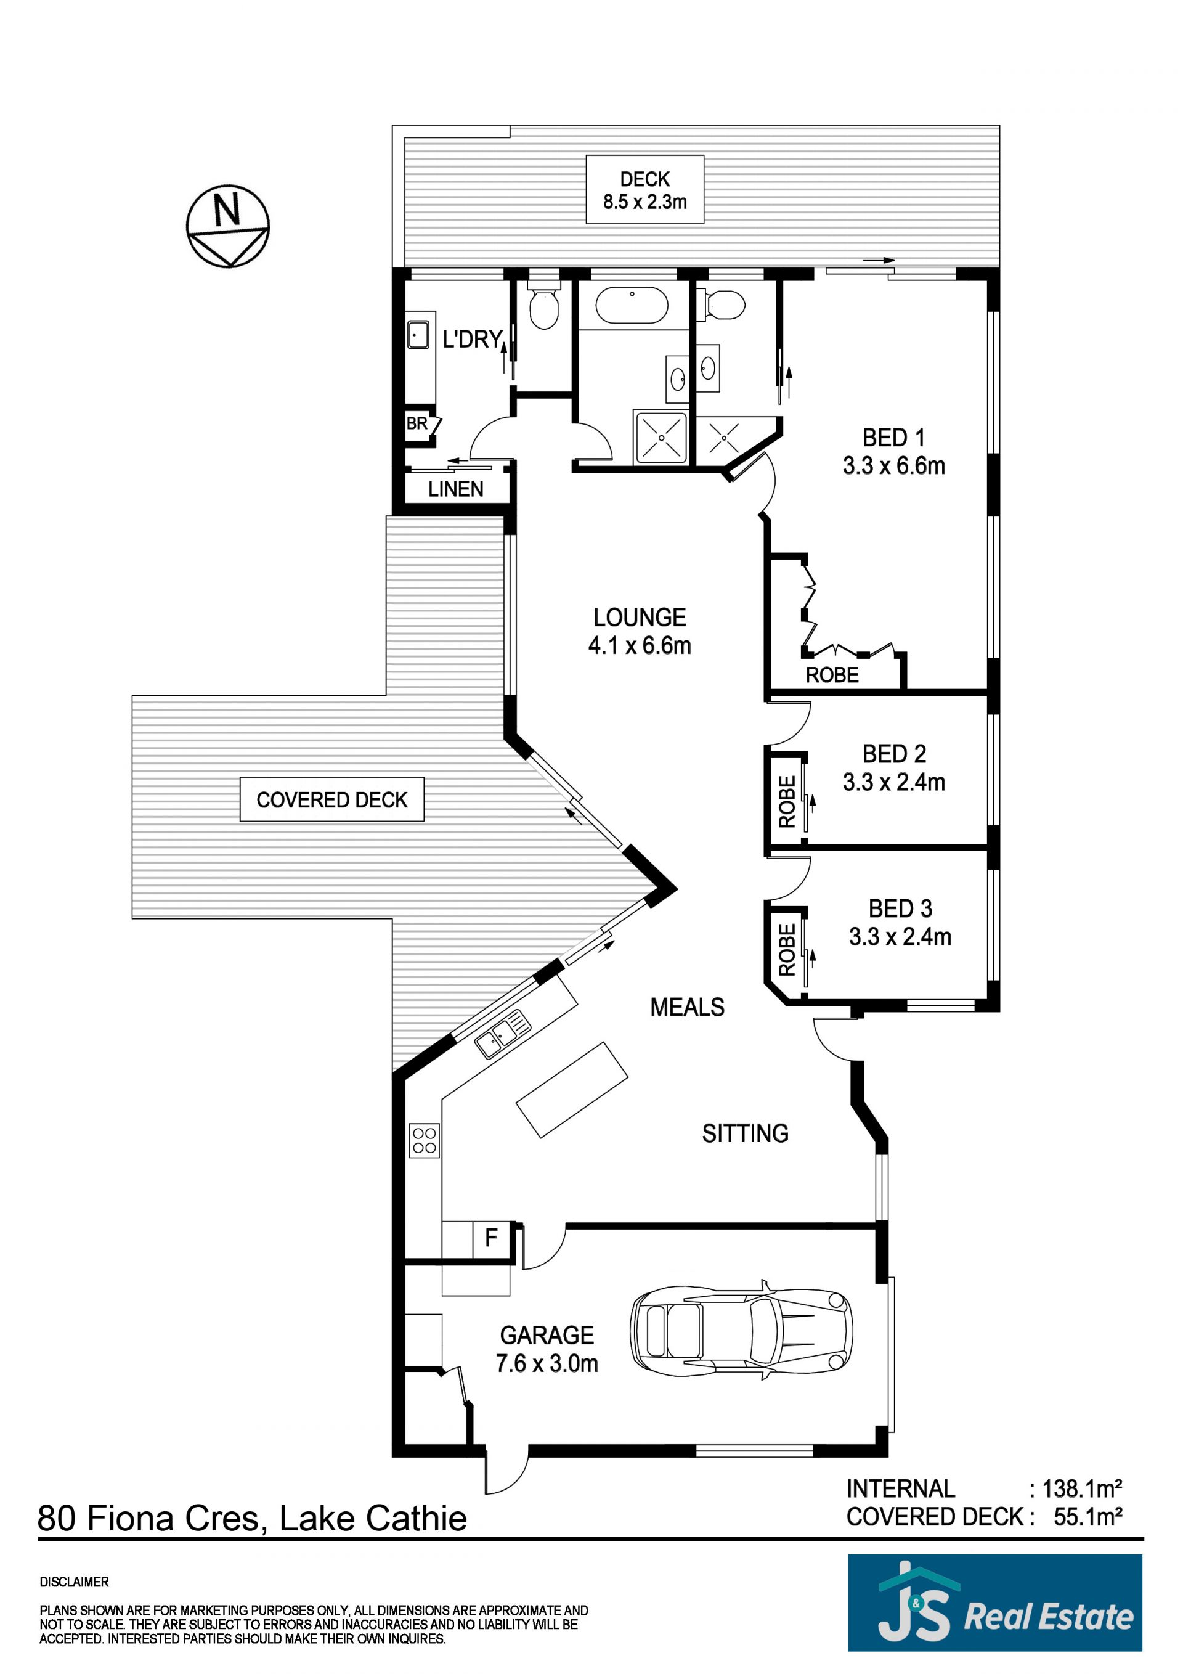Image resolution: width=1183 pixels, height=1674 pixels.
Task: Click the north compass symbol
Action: pyautogui.click(x=228, y=226)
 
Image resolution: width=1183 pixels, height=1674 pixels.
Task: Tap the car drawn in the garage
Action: pyautogui.click(x=741, y=1331)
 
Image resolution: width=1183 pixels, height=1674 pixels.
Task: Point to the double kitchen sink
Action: pyautogui.click(x=503, y=1033)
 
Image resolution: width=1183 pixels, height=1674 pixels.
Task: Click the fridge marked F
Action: pyautogui.click(x=491, y=1237)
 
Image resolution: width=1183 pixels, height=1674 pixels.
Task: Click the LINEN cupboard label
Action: pyautogui.click(x=455, y=489)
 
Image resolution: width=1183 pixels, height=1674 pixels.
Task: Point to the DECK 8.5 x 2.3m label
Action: pyautogui.click(x=645, y=190)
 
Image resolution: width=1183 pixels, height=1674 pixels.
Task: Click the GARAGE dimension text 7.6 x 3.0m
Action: pyautogui.click(x=547, y=1363)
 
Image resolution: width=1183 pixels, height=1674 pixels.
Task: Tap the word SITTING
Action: pyautogui.click(x=745, y=1133)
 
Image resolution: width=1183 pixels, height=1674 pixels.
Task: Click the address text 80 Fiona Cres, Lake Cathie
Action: pyautogui.click(x=252, y=1519)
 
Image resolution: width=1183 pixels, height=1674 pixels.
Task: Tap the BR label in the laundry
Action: pyautogui.click(x=417, y=423)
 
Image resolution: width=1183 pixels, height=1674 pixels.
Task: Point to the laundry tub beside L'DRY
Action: pyautogui.click(x=418, y=335)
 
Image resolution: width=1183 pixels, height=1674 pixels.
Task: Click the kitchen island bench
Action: pyautogui.click(x=572, y=1090)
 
